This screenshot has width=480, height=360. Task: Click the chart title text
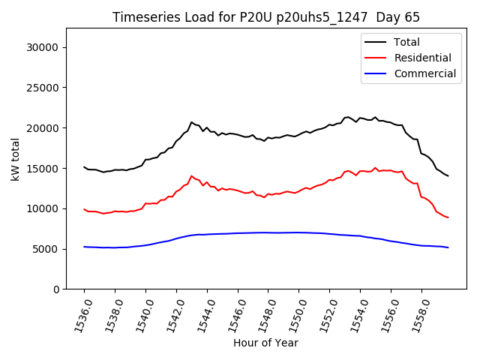click(x=266, y=17)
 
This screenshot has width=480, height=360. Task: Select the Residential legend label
click(x=422, y=58)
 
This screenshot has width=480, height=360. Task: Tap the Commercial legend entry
click(x=424, y=73)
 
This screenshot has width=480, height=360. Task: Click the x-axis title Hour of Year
click(x=265, y=343)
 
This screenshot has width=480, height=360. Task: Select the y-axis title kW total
click(x=15, y=159)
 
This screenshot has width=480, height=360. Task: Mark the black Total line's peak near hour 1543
click(x=191, y=122)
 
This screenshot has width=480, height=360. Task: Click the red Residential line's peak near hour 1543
click(x=191, y=176)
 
